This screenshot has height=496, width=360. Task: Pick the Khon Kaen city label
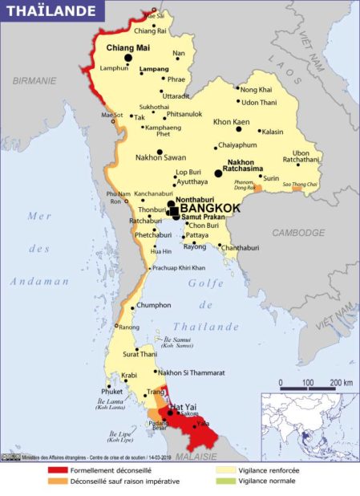click(x=231, y=122)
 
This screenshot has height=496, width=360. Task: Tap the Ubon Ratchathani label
click(x=305, y=157)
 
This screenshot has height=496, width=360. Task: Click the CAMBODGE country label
click(x=297, y=232)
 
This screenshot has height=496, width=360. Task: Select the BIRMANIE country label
click(x=34, y=80)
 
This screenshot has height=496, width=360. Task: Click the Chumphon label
click(x=153, y=306)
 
